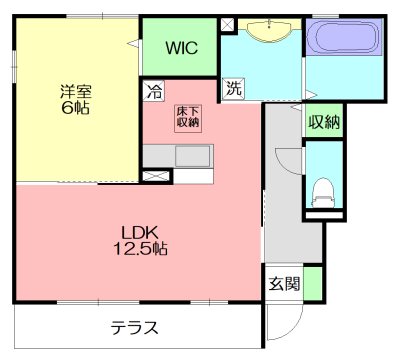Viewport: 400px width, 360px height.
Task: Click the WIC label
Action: [181, 47]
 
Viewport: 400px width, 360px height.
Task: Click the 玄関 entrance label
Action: [283, 283]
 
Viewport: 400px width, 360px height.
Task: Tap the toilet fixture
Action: [322, 187]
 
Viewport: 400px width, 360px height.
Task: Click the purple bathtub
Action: [343, 43]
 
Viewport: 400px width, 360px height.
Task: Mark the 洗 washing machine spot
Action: [232, 88]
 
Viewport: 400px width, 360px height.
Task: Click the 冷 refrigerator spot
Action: [154, 90]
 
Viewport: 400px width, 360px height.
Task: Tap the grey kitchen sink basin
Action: [190, 158]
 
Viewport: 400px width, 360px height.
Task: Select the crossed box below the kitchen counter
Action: [155, 176]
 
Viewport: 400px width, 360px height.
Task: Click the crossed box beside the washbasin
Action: [228, 23]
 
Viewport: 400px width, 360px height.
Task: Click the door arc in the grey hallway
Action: [284, 160]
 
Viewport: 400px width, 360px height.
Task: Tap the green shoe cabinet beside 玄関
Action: [313, 282]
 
